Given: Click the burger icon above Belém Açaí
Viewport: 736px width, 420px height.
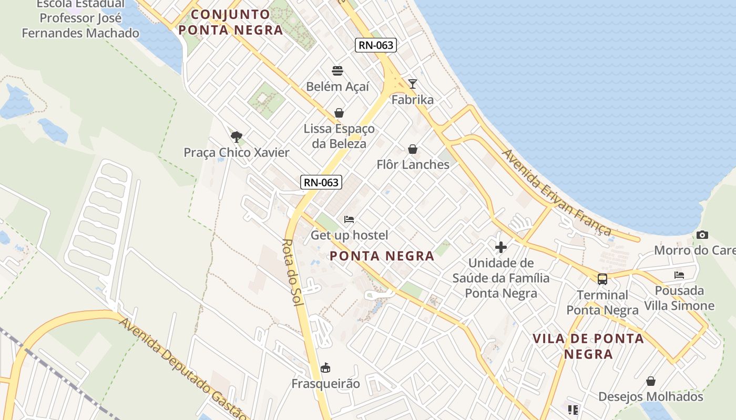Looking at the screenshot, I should pos(338,70).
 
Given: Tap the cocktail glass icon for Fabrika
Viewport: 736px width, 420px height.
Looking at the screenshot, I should pos(413,84).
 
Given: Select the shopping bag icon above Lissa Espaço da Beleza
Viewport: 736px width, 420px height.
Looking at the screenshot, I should pos(339,113).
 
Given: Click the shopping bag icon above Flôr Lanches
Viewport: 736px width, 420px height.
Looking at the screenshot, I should pos(413,149).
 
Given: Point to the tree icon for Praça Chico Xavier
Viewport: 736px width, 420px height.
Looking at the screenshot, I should pos(237,137).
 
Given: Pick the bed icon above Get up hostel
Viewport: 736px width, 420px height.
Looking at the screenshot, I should pos(349,219).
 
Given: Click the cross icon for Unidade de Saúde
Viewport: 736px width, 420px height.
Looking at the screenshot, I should pos(500,247).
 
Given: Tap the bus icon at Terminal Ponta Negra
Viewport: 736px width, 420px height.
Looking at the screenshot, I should pos(602,279).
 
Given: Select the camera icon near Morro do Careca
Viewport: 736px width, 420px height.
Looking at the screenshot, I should pos(702,235).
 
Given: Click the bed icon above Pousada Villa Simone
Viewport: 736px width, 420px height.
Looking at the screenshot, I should pos(679,275).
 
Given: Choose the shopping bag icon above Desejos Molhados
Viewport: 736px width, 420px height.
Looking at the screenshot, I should pos(651,381).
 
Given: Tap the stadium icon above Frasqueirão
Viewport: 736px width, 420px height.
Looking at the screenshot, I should pos(326,367).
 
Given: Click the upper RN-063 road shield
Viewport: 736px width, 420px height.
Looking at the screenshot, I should pos(376,45).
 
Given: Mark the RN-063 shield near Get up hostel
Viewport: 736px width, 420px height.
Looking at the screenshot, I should pos(321,183).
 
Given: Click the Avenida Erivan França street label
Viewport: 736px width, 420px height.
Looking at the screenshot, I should pos(556,192).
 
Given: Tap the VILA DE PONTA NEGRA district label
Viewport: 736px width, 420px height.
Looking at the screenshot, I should pos(588,346).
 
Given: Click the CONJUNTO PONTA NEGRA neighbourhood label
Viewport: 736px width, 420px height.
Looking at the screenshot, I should pos(231,22).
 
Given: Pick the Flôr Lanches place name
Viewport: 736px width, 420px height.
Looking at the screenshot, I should pos(413,164).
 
